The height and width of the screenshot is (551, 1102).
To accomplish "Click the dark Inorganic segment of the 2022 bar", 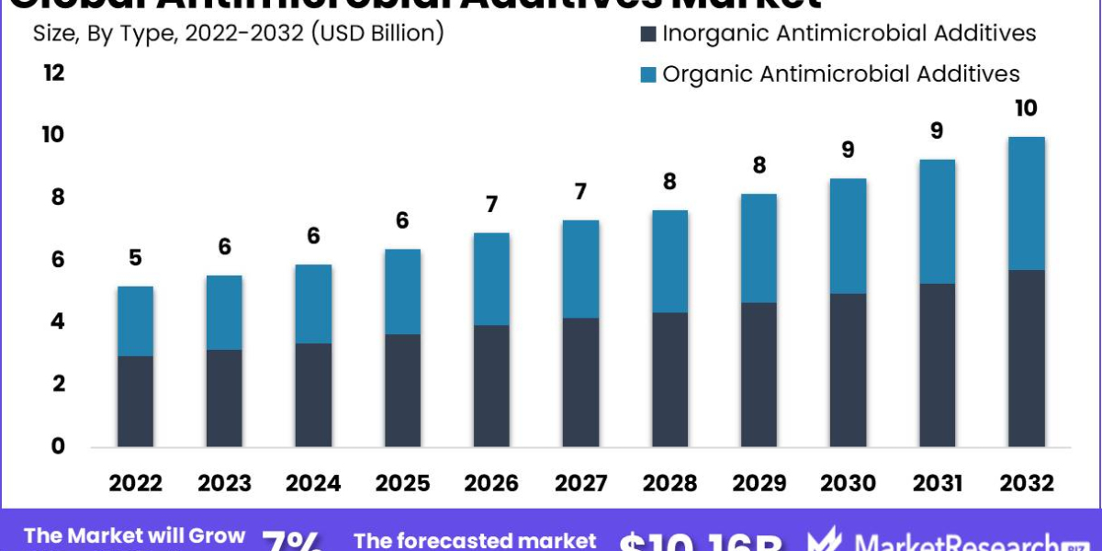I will click(135, 401).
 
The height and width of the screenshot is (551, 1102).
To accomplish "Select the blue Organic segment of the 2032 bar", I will click(1026, 203).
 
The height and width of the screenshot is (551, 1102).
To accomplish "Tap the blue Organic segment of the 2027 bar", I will click(580, 269).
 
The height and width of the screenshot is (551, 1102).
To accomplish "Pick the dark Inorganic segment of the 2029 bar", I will click(759, 375).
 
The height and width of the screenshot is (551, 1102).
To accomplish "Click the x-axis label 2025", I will click(402, 483).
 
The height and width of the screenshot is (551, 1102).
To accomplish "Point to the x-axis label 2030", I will click(848, 483).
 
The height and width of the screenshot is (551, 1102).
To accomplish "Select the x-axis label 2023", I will click(224, 483).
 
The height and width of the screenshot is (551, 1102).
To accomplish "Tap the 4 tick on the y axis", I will click(58, 321).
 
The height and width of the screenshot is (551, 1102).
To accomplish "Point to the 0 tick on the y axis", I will click(58, 446).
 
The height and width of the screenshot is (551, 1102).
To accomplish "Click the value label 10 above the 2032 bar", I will click(1026, 108).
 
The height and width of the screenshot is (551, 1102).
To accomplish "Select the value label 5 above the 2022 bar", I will click(135, 258).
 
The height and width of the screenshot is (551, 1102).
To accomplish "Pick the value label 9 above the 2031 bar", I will click(937, 131).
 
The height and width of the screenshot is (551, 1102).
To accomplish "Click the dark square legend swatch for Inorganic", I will click(648, 35).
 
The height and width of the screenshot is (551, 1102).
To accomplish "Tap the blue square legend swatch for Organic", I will click(648, 74).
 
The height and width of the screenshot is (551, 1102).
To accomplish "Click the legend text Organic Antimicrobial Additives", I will click(841, 73).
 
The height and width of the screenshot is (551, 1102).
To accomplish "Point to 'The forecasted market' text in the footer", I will click(475, 541).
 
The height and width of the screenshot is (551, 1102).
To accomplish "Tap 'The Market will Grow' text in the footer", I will click(135, 536).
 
